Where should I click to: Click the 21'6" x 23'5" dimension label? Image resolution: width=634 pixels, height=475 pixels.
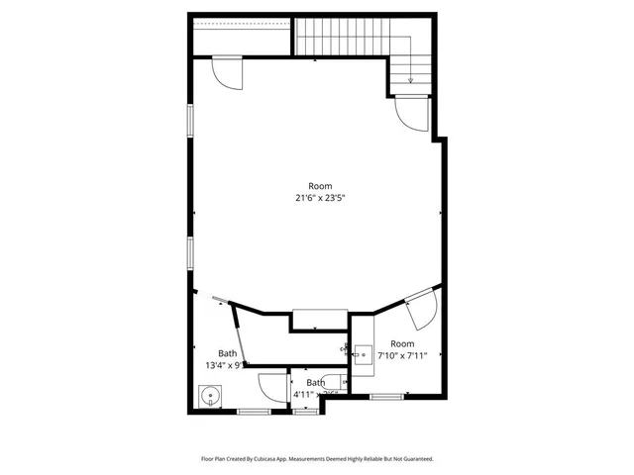pyautogui.click(x=320, y=198)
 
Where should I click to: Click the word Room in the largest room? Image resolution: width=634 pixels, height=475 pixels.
pyautogui.click(x=320, y=186)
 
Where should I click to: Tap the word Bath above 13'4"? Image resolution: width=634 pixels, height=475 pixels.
pyautogui.click(x=228, y=353)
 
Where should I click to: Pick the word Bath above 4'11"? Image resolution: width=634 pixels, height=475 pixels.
pyautogui.click(x=315, y=382)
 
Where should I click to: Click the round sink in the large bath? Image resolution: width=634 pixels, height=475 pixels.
pyautogui.click(x=209, y=398)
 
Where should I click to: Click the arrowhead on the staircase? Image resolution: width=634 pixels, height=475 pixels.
pyautogui.click(x=410, y=80)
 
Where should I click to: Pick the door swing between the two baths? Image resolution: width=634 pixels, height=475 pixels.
pyautogui.click(x=270, y=386)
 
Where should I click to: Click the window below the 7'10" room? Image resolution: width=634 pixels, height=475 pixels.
pyautogui.click(x=386, y=396)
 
